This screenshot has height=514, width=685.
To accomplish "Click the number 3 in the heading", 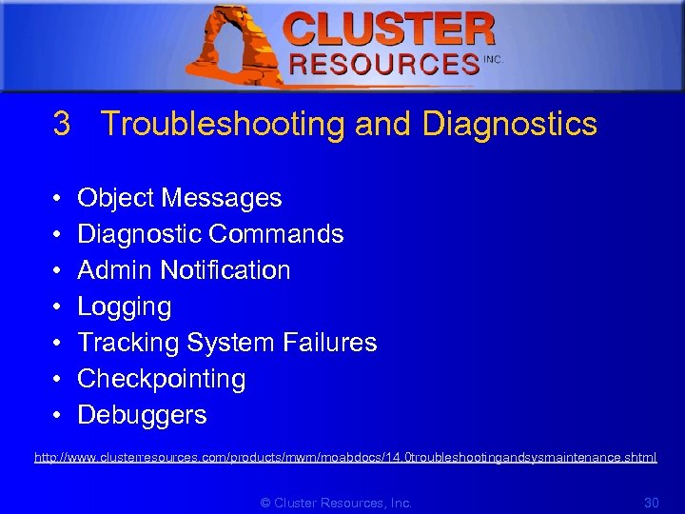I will pyautogui.click(x=62, y=124).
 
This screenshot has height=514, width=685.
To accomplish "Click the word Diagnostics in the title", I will pyautogui.click(x=510, y=124).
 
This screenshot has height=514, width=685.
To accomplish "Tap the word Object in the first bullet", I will pyautogui.click(x=115, y=198).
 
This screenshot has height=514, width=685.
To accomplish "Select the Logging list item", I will pyautogui.click(x=125, y=306).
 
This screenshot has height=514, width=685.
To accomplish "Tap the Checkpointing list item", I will pyautogui.click(x=161, y=379).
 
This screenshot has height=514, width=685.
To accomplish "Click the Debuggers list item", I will pyautogui.click(x=142, y=415).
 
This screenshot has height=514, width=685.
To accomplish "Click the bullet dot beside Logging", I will pyautogui.click(x=58, y=307).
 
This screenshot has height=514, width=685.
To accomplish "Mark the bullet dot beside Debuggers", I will pyautogui.click(x=58, y=416).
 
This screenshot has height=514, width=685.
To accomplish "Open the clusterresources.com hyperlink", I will pyautogui.click(x=345, y=458).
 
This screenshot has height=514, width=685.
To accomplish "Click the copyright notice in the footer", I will pyautogui.click(x=336, y=503).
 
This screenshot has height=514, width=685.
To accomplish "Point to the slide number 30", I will pyautogui.click(x=652, y=503).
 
